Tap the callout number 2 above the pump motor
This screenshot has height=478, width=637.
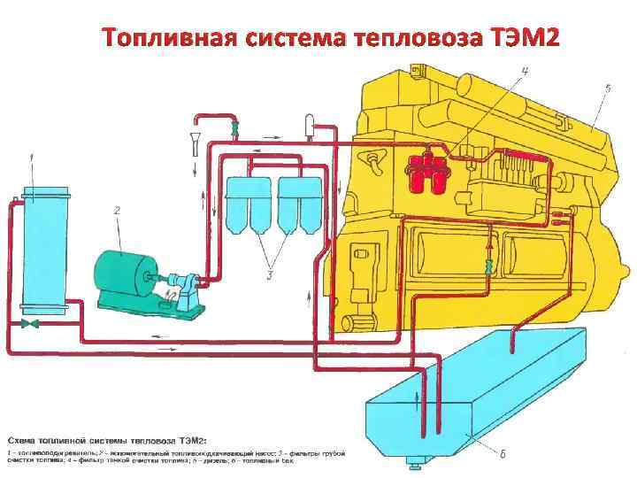[x=116, y=211]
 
